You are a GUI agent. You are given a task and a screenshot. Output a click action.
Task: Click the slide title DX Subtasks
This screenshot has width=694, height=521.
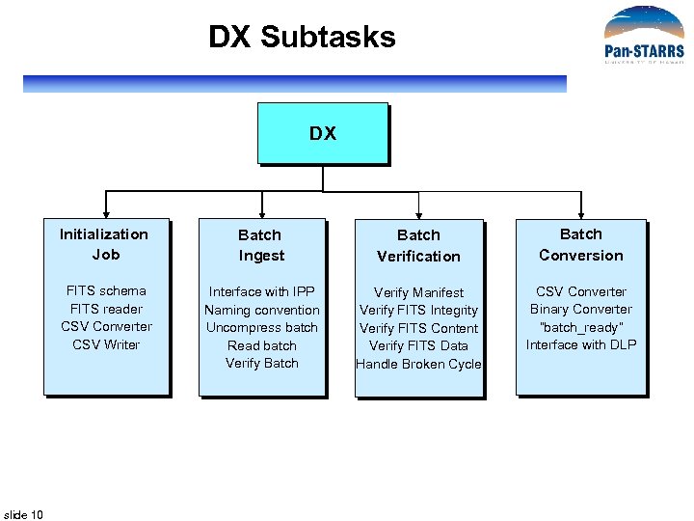302,38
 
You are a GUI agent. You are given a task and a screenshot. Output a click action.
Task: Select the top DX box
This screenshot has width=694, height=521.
323,134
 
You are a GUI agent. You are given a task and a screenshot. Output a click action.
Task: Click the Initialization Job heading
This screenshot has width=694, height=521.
105,244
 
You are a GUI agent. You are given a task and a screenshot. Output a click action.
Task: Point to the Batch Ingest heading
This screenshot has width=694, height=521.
261,245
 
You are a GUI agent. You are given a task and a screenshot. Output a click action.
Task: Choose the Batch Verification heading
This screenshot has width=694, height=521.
418,245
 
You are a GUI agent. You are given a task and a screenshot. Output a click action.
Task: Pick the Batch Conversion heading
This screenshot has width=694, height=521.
581,244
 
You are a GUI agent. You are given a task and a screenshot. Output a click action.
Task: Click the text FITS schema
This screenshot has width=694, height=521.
106,290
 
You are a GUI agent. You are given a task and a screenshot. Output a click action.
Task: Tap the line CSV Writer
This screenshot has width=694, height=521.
106,344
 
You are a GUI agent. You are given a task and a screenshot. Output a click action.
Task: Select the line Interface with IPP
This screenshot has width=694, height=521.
262,291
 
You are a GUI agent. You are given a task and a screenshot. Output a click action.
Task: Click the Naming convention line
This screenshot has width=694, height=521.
262,310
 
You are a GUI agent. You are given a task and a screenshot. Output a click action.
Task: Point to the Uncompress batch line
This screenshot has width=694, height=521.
262,327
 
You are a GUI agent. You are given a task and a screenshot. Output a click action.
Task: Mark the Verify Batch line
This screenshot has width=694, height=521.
262,363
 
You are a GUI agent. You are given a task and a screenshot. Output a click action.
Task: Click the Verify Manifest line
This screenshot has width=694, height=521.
418,292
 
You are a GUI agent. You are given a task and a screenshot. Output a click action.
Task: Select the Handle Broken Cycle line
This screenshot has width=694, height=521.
418,364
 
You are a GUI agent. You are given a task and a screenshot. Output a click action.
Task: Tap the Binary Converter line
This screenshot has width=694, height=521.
581,309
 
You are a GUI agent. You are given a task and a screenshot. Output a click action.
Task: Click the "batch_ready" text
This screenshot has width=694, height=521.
581,327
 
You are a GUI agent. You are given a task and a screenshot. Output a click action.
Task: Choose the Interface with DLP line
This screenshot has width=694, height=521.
581,344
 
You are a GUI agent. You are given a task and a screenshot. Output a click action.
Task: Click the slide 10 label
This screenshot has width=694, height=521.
24,514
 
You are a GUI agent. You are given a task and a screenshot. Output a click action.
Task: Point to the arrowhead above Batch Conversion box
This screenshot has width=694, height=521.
581,213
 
